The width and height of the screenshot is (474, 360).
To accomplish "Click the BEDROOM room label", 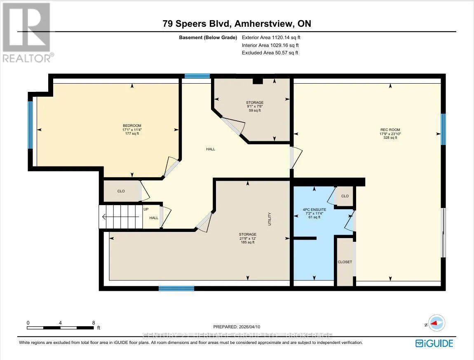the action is coord(132,126).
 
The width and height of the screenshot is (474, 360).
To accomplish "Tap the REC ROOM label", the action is coord(390,130).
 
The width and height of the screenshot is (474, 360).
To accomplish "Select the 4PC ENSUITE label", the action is coord(314,210).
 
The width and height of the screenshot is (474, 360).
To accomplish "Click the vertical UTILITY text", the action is coord(269,219).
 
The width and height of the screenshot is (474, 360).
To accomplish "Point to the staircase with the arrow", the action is coord(121,217).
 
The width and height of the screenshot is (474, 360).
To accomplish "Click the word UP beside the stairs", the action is coord(146,209).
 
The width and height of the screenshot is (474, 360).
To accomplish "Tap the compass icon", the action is coord(437,323).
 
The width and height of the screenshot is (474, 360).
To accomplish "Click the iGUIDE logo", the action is coord(434,344).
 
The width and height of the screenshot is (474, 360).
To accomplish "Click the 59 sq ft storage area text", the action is coord(255,110).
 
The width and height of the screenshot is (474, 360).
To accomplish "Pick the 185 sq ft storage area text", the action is coord(248,242).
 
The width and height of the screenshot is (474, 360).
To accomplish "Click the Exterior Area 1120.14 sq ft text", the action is coord(271,37).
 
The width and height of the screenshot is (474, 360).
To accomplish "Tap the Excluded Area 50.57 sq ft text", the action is coord(270,53).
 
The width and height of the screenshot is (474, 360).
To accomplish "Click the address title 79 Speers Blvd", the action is coord(196,23).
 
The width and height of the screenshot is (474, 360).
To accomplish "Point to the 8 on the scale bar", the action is coord(94,323).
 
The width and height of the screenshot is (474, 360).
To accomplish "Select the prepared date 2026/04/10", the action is coord(249,327).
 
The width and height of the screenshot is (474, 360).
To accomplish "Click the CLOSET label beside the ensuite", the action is coord(345,262).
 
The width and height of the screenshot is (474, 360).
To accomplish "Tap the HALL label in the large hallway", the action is coord(211,149).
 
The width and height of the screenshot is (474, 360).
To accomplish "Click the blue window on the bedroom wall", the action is coord(30,125).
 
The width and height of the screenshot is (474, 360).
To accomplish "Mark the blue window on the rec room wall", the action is coord(443,129).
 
